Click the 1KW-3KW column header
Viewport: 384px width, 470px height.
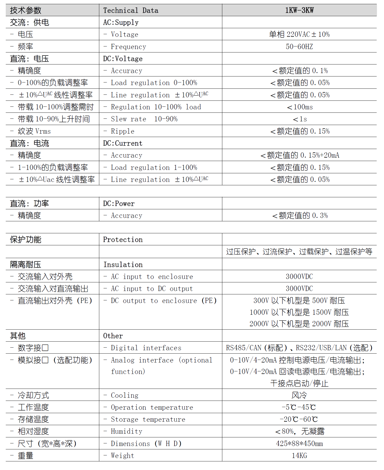tap(299, 10)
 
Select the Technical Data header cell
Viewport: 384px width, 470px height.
tap(131, 10)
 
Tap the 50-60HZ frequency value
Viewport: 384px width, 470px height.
tap(299, 47)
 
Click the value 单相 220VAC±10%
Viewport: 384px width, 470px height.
tap(299, 34)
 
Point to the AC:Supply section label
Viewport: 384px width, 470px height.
tap(121, 22)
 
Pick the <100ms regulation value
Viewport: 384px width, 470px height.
tap(299, 107)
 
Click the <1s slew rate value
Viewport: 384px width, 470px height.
tap(299, 119)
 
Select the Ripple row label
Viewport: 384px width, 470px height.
tap(123, 131)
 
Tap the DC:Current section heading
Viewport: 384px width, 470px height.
tap(123, 143)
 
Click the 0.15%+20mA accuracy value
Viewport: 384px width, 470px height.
tap(299, 155)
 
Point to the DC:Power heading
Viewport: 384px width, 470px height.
tap(119, 204)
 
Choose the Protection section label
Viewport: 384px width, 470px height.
tap(123, 240)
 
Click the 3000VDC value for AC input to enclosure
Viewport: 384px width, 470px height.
tap(299, 277)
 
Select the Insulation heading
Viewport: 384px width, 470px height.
tap(123, 265)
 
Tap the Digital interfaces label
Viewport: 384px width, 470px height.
tap(146, 348)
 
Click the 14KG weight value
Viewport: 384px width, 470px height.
tap(299, 456)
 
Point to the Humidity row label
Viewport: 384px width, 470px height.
tap(126, 431)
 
